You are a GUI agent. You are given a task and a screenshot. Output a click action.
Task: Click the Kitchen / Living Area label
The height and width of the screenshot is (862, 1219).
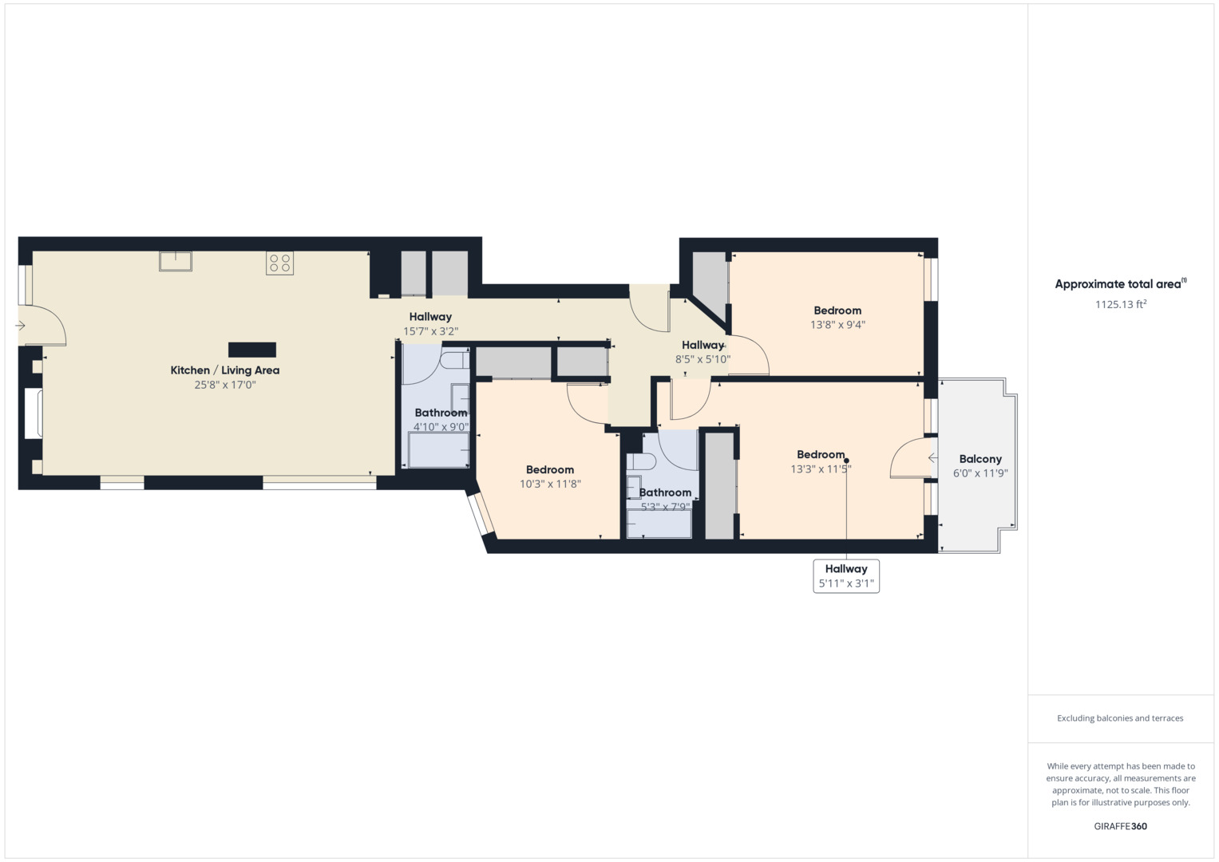coord(225,370)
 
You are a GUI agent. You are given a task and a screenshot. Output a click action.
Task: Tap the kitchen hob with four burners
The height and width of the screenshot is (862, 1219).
coord(279,263)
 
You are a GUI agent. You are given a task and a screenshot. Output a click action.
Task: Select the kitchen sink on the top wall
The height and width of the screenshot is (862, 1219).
coord(175,261)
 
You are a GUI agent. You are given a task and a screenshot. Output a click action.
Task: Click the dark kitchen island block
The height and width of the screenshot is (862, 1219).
coord(252,350)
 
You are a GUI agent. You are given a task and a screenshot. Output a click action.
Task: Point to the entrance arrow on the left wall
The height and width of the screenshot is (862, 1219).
coord(20,326)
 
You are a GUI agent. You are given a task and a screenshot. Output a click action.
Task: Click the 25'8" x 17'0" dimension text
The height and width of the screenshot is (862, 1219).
coord(225,385)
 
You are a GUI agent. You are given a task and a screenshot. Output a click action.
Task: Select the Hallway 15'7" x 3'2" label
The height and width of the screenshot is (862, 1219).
coord(430,317)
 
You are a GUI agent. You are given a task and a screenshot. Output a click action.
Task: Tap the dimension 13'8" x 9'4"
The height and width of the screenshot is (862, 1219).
coord(837,325)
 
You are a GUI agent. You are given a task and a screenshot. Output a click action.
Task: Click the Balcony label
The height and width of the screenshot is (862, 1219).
coord(980,459)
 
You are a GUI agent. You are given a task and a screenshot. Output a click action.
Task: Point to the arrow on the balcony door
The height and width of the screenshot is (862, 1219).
coord(932,458)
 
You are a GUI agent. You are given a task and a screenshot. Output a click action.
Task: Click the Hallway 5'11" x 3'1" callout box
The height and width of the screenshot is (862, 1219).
coord(846,576)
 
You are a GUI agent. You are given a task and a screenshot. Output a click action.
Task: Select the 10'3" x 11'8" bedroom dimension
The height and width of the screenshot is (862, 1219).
coord(550,484)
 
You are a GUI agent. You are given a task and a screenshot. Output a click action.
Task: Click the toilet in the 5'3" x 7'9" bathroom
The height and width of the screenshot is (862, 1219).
coord(641,461)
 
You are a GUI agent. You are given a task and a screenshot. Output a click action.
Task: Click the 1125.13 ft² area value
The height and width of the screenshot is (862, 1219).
coord(1121,304)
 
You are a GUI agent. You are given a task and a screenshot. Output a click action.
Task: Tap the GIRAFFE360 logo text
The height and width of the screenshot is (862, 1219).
coord(1120,826)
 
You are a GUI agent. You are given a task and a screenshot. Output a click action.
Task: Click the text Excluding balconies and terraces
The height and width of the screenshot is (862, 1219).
coord(1120,718)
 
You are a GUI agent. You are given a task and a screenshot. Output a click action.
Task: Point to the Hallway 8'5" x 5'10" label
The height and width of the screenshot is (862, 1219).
coord(703,345)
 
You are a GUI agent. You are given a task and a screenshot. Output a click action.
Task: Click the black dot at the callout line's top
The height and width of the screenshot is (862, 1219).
coord(846,461)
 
